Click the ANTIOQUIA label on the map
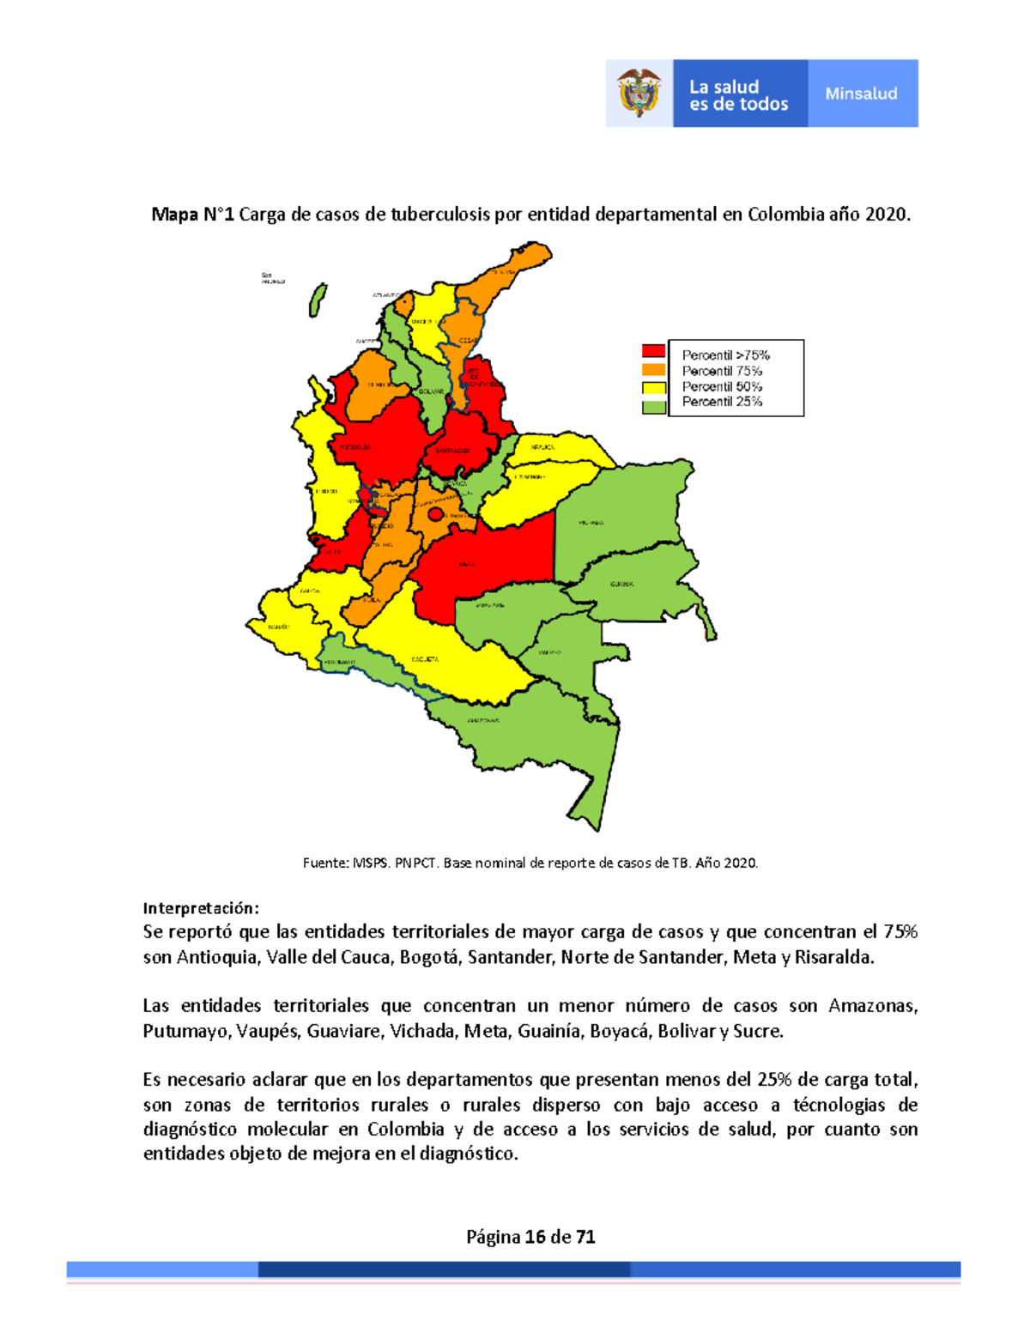(354, 447)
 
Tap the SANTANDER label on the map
(452, 451)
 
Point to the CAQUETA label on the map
(425, 659)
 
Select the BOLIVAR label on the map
(431, 391)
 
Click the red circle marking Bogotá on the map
(435, 514)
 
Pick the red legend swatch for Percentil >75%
(654, 351)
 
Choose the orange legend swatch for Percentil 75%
(654, 370)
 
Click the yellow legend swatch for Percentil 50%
(654, 387)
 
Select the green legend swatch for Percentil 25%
(654, 406)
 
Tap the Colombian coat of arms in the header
(639, 93)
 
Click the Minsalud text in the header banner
(861, 94)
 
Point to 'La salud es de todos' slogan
(738, 95)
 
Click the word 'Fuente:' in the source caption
(325, 863)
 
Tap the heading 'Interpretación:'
(201, 908)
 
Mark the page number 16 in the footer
(535, 1237)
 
